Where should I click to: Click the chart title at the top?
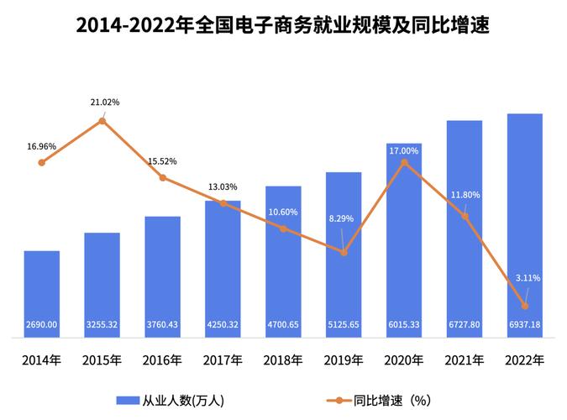coord(282,24)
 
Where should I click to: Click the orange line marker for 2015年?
coord(102,121)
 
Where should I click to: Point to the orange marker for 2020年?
coord(404,162)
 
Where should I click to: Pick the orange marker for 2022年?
coord(525,306)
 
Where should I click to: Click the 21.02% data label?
coord(105,102)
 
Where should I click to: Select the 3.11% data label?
coord(528,278)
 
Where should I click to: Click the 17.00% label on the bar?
coord(404,150)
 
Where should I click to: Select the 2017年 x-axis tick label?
coord(223,360)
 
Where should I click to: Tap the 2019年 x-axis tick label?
coord(344,360)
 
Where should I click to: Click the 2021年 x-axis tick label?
coord(465,360)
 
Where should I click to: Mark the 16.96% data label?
coord(42,146)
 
